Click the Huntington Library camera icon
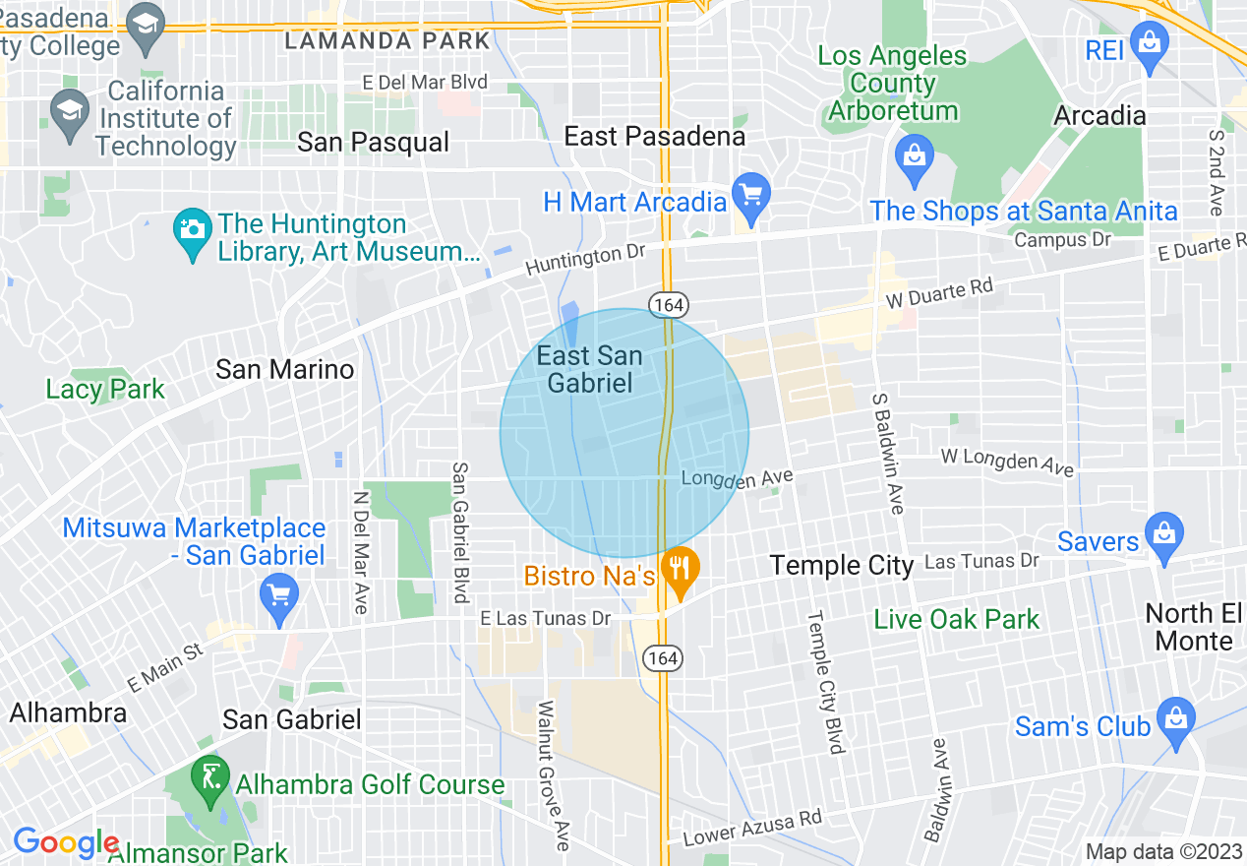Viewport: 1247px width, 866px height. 191,229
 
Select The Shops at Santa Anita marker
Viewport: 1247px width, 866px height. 915,156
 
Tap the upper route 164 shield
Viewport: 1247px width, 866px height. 667,305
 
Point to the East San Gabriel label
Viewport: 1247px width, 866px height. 590,369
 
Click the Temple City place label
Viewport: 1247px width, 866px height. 842,565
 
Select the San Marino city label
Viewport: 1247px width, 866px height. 284,369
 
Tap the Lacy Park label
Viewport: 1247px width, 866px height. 105,389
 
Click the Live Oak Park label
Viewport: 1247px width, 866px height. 956,619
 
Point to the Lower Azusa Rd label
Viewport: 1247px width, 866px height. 752,829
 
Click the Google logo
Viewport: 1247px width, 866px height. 65,843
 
